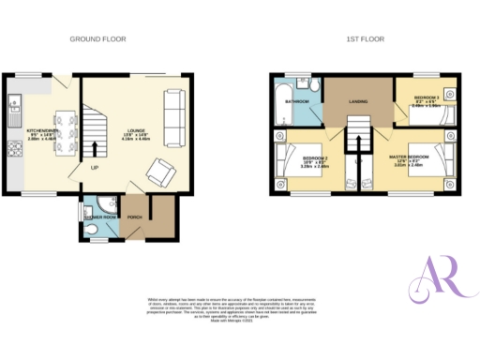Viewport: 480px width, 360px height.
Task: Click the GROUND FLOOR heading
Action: pyautogui.click(x=97, y=39)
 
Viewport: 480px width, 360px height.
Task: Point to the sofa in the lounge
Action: pyautogui.click(x=174, y=110)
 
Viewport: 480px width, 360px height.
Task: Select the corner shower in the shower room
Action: pyautogui.click(x=89, y=209)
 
